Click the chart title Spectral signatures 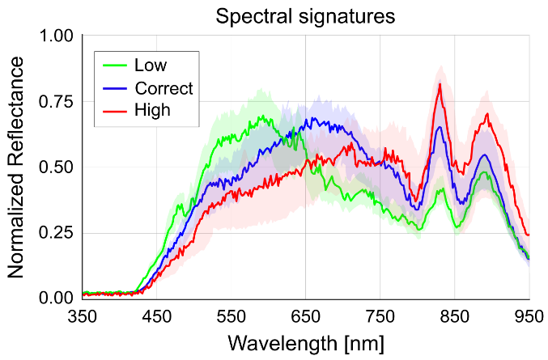coord(306,16)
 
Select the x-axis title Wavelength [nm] coord(306,343)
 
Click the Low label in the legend coord(151,65)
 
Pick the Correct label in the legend coord(164,87)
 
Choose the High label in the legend coord(153,109)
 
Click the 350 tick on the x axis coord(83,316)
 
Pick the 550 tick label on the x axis coord(232,316)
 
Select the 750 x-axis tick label coord(380,316)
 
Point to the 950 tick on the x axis coord(529,316)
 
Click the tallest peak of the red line coord(440,84)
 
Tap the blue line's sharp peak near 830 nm coord(440,127)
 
